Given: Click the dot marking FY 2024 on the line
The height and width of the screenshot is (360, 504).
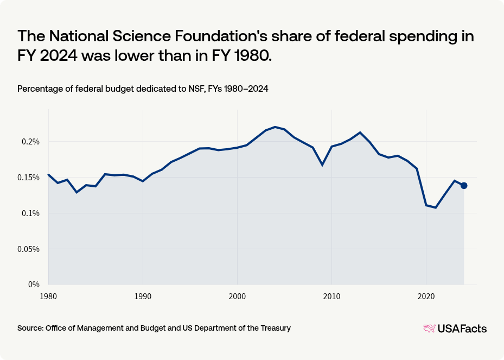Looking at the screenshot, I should coord(464,186).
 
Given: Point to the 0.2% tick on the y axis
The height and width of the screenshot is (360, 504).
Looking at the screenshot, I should coord(30,142).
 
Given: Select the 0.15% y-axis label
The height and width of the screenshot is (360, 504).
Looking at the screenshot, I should coord(28,178).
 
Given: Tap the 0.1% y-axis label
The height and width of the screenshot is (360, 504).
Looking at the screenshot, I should coord(30,213).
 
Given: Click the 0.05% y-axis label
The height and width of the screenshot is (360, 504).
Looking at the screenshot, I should coord(28,249).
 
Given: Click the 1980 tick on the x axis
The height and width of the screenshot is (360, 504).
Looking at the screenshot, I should coord(48,296).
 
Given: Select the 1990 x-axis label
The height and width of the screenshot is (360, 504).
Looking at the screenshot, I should coord(143,296).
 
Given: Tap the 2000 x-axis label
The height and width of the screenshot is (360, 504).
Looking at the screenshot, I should coord(237,296).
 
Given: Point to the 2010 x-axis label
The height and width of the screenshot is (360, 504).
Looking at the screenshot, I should coord(331,296).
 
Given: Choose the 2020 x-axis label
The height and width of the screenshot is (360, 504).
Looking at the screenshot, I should coord(426,296).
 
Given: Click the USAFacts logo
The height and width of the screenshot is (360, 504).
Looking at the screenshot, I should coord(455,329).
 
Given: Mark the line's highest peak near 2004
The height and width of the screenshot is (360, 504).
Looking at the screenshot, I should coord(275,127).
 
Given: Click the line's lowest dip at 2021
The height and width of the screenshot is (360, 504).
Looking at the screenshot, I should coord(436,207).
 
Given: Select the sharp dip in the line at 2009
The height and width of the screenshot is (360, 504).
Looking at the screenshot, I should coord(322,165).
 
